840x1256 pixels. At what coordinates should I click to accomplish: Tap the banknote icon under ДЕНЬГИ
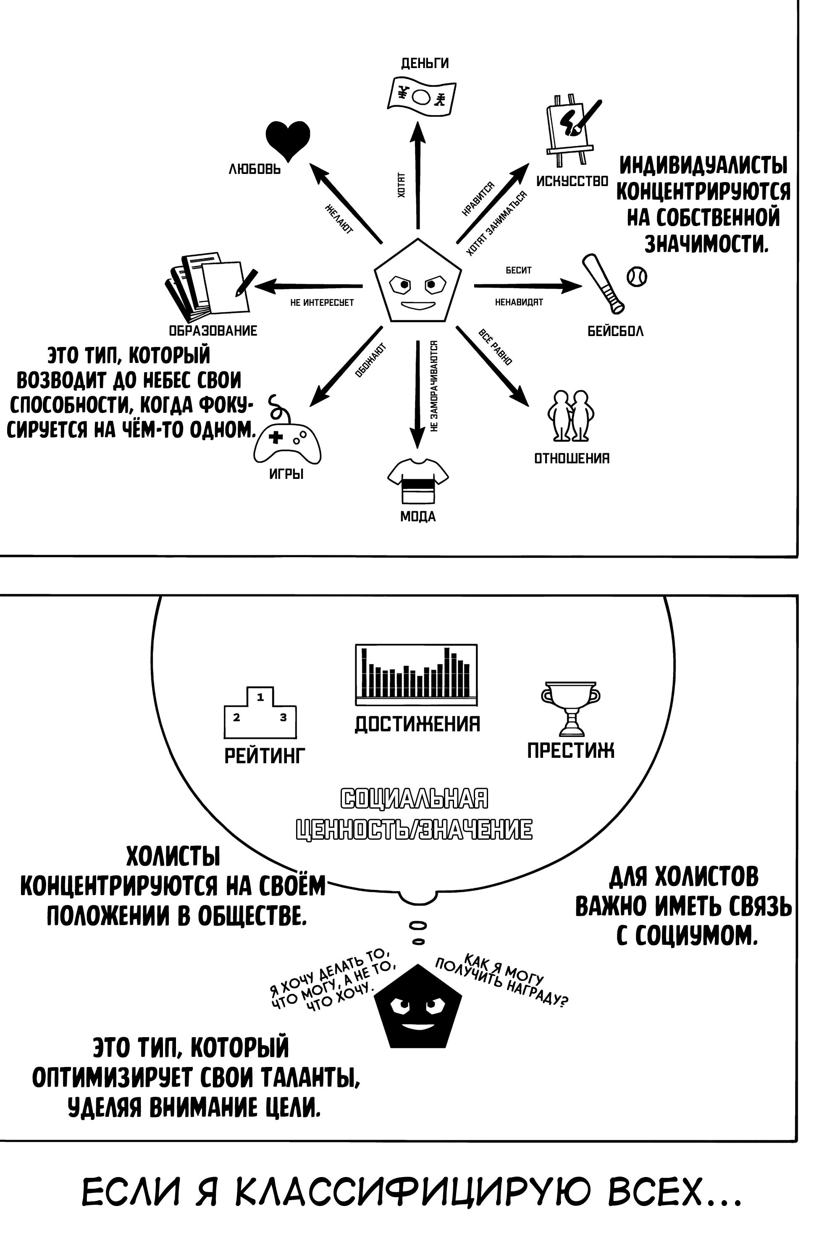[421, 97]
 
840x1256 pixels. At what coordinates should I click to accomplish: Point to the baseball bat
[603, 284]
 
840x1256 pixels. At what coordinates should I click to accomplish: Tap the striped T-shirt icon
[418, 480]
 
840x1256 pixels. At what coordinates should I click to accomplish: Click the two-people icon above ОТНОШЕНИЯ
[571, 415]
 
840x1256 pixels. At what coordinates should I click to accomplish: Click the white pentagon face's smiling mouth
[418, 306]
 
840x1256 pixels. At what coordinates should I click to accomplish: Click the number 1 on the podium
[260, 698]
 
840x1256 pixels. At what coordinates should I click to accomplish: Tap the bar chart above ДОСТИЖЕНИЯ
[416, 675]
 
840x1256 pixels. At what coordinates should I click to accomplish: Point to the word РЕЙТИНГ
[265, 756]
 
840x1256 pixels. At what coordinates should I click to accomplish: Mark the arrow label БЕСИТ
[519, 270]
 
